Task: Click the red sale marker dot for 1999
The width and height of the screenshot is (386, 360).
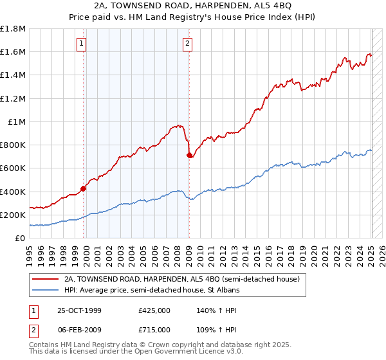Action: tap(84, 188)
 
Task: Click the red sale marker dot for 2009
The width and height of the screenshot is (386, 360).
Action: tap(190, 155)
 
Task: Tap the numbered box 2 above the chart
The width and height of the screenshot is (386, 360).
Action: tap(187, 44)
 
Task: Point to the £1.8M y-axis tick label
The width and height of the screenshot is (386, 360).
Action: tap(13, 29)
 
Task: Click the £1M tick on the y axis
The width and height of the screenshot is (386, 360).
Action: tap(17, 122)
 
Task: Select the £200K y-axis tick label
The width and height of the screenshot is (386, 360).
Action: tap(13, 215)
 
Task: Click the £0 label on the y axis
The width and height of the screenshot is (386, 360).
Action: tap(21, 238)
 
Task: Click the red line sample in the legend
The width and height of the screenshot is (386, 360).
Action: tap(45, 280)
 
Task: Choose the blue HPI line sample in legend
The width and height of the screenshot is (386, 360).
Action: tap(45, 291)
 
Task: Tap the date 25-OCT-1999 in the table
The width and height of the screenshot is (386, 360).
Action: tap(78, 310)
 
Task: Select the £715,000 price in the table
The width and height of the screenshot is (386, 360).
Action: tap(154, 329)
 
